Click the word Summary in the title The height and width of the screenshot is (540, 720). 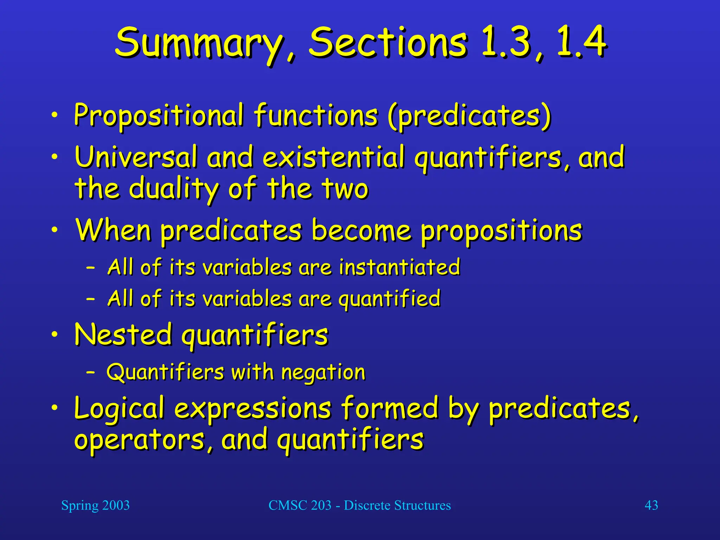click(x=199, y=43)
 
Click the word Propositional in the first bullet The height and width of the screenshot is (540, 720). click(x=158, y=115)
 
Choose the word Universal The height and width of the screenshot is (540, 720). click(x=136, y=157)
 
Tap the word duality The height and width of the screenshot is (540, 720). click(x=174, y=189)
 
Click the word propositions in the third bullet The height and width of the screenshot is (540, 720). click(x=501, y=231)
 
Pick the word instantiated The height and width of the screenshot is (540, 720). click(x=399, y=267)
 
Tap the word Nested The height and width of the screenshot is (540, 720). click(x=123, y=334)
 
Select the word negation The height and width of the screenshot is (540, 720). click(x=323, y=372)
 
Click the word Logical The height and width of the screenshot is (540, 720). click(x=120, y=409)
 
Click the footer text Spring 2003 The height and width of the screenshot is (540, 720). click(x=95, y=505)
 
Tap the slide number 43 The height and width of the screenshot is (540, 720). click(x=651, y=505)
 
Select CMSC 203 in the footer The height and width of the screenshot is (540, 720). click(x=300, y=505)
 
